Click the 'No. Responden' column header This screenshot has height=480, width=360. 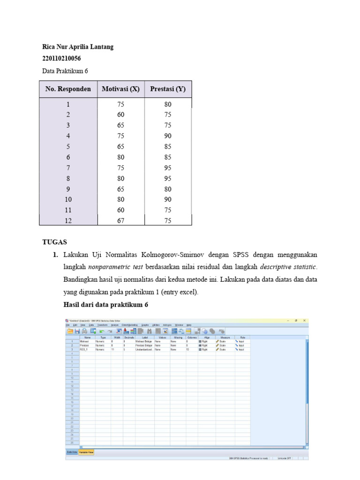(x=68, y=89)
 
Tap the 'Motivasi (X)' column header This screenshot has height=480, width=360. (x=120, y=89)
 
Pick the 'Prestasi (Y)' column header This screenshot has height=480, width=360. (x=168, y=89)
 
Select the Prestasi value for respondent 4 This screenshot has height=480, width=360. (x=168, y=136)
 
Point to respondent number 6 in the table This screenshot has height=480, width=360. (x=68, y=157)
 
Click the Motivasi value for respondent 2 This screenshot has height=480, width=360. (x=120, y=115)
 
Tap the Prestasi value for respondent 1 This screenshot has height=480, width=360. (x=168, y=105)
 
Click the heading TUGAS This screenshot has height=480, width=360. (x=54, y=242)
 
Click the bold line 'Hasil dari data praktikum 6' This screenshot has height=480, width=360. (x=105, y=304)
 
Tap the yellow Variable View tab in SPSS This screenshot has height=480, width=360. (x=86, y=452)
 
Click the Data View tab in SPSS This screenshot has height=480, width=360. (x=71, y=452)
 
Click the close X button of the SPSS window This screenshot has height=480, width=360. (x=304, y=321)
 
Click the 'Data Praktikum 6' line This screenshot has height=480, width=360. (x=65, y=71)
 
